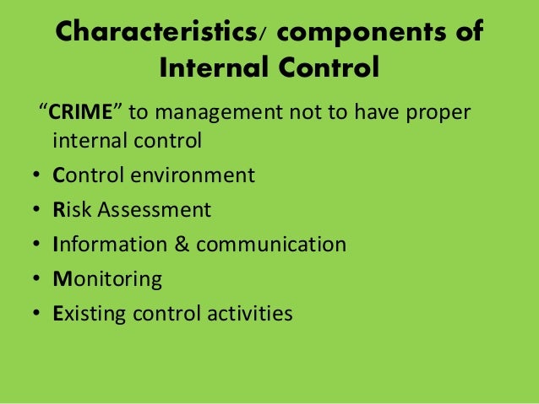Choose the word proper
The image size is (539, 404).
coord(438,112)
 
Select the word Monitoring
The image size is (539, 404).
coord(106,279)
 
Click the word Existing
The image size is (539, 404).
coord(88,314)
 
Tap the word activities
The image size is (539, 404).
coord(249,314)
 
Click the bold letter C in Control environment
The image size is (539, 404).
coord(58,175)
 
